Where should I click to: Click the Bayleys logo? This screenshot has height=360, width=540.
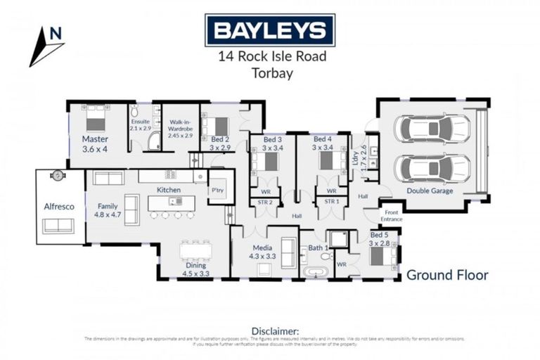point(269,30)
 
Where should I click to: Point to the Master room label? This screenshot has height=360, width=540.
point(94,139)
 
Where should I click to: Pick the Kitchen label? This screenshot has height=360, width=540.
point(169,190)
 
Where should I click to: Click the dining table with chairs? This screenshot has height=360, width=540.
point(195,250)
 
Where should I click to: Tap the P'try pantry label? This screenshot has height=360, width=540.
point(217,190)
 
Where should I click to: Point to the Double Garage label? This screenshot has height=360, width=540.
point(430,191)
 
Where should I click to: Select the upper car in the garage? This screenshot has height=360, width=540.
point(432,129)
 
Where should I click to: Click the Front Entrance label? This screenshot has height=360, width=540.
point(392,217)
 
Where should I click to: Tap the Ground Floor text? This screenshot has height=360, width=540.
point(446,275)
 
